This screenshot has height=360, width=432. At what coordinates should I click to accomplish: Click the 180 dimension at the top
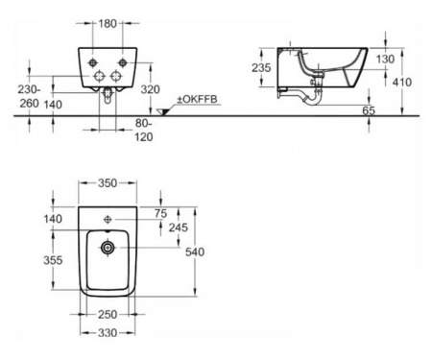[108, 23]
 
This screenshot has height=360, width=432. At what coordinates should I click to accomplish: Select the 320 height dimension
[150, 89]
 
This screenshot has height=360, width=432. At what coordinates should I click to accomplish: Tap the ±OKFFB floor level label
[198, 99]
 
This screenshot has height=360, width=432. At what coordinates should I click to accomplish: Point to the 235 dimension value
[261, 67]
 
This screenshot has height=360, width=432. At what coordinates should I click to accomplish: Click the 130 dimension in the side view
[385, 60]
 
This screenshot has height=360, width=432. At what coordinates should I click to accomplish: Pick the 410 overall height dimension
[402, 83]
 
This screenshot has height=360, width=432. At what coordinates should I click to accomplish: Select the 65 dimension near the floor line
[369, 110]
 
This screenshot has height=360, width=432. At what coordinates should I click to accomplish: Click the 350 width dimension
[108, 183]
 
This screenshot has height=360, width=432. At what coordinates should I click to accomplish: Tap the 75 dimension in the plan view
[160, 213]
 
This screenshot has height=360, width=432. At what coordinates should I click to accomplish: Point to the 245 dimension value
[179, 228]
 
